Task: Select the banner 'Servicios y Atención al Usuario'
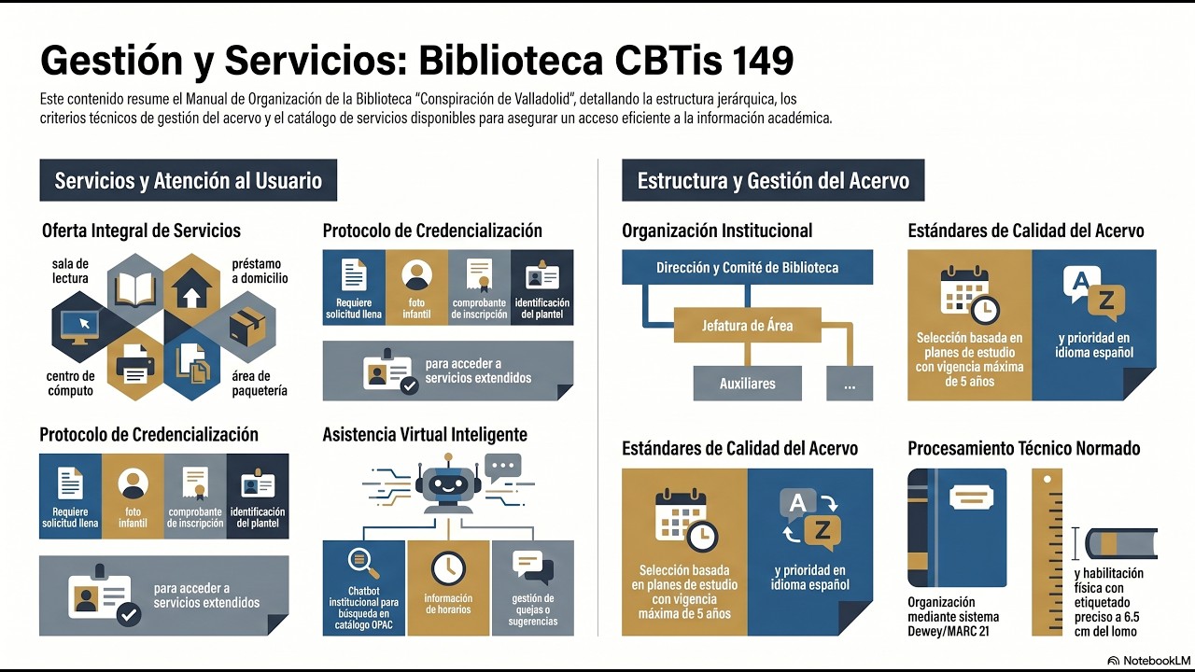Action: point(188,180)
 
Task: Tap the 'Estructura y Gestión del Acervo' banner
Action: point(773,180)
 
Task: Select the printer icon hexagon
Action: point(136,365)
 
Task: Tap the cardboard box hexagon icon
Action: point(246,327)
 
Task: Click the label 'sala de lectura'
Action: point(70,271)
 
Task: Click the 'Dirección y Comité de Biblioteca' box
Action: point(747,268)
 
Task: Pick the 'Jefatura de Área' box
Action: point(747,326)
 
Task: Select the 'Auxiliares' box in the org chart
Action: point(747,383)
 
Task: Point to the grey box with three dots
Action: point(850,383)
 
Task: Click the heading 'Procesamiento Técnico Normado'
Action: point(1023,449)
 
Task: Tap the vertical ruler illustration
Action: point(1047,551)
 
